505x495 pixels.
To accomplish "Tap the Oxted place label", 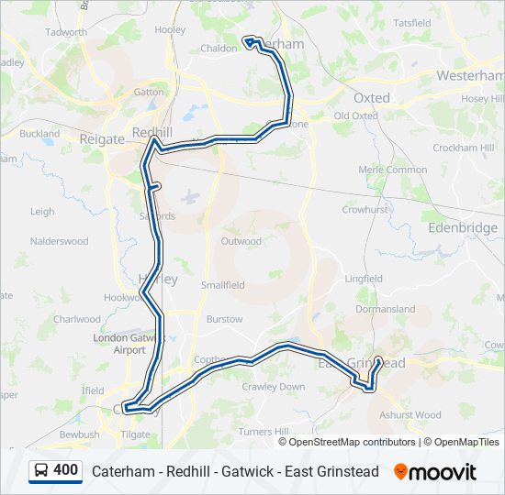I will click(371, 97).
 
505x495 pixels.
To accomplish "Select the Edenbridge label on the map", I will click(462, 227).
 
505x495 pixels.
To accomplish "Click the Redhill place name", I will click(152, 133).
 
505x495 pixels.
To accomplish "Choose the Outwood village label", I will click(241, 242).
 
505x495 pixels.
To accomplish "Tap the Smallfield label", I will click(223, 285).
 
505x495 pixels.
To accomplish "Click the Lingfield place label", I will click(364, 279).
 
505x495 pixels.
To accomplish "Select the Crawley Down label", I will click(279, 387).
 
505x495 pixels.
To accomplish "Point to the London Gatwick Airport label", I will click(119, 344).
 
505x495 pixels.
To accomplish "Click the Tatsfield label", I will click(411, 22).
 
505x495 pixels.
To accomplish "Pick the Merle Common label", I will click(393, 170).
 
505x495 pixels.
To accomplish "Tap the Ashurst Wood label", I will click(410, 414).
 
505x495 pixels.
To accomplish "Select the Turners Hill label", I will click(263, 431).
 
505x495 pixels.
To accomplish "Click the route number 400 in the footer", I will click(65, 470).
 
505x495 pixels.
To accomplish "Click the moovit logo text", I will click(443, 472).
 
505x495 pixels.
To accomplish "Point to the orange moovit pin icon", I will click(400, 471).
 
